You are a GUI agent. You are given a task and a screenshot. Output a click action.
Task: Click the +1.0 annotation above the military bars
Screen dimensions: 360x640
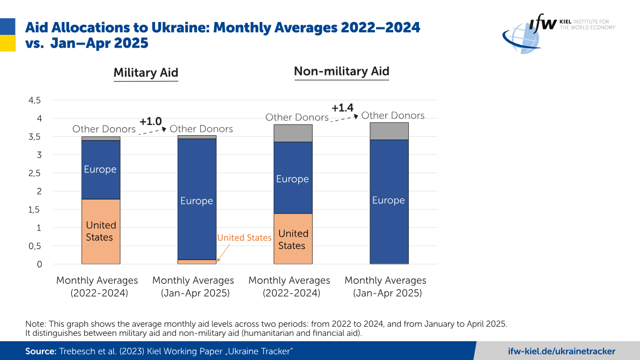click(150, 122)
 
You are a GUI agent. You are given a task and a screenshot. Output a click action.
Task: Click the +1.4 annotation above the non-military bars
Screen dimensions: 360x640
click(342, 108)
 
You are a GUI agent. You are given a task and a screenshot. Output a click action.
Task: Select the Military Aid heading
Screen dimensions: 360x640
click(145, 73)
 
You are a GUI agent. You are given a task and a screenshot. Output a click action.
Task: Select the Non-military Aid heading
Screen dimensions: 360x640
click(341, 71)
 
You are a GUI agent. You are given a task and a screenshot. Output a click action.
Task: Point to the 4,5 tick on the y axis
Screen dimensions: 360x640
click(34, 100)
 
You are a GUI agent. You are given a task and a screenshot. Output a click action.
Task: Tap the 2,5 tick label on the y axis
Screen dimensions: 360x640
click(34, 173)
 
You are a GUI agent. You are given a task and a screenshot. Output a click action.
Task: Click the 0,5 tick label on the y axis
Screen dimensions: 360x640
click(34, 246)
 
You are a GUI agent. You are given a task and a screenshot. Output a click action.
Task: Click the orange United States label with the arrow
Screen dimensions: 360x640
click(244, 238)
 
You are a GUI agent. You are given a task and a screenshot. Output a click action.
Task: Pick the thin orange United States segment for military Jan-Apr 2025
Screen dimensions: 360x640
click(196, 262)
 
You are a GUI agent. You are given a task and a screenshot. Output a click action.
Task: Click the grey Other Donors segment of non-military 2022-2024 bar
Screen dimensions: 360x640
click(292, 133)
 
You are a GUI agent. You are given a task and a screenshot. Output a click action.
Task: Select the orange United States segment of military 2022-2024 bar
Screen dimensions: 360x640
click(100, 231)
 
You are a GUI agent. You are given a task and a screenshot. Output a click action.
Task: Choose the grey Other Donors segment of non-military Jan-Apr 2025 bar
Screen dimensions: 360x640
click(389, 131)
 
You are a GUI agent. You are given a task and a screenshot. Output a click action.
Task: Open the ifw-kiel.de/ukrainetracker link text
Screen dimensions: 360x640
click(561, 351)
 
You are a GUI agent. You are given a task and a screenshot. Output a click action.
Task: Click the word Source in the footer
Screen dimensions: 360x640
click(40, 351)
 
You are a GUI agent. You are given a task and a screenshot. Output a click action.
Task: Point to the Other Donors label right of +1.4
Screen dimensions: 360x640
click(393, 115)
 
